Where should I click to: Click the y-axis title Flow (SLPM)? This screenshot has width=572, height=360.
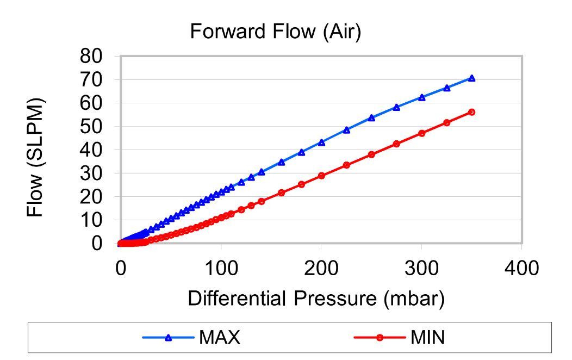click(36, 158)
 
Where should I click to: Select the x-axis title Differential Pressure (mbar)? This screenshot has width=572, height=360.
click(316, 298)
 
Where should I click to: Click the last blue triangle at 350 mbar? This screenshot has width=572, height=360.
click(471, 78)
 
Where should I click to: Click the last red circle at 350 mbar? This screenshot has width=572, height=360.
click(471, 112)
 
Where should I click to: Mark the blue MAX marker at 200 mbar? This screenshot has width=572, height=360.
click(321, 142)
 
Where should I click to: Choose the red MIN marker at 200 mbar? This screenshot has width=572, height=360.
click(321, 176)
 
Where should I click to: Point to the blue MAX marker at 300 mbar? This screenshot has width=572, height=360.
click(421, 97)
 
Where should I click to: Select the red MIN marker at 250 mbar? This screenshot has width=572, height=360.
click(371, 154)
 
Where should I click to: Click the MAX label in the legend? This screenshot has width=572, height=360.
click(220, 338)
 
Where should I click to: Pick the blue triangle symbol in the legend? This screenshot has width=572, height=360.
click(168, 338)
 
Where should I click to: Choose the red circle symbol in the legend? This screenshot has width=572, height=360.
click(380, 338)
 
